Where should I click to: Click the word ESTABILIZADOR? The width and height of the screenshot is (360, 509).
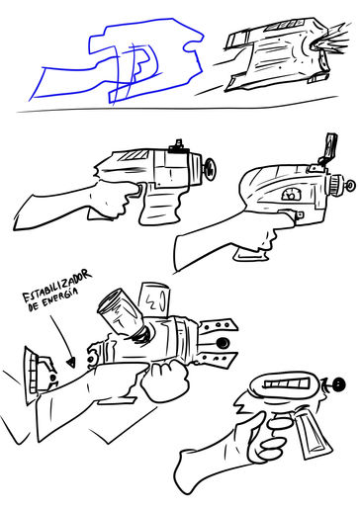[56, 285]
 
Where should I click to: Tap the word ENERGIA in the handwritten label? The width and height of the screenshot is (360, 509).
[60, 297]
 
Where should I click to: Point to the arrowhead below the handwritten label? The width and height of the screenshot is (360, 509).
[71, 363]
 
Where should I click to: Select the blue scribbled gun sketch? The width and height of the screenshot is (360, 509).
[117, 61]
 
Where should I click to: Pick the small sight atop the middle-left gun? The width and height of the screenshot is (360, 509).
[179, 147]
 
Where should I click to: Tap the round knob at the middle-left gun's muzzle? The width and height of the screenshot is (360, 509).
[209, 169]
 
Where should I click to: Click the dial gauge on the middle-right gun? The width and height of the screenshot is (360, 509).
[291, 195]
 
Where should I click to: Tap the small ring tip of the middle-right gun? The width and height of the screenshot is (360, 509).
[350, 185]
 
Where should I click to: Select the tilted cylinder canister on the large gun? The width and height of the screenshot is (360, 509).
[121, 313]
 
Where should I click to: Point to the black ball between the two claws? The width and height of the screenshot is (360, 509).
[223, 343]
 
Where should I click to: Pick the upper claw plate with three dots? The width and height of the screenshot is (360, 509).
[218, 326]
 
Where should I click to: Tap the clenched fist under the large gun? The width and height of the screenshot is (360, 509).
[165, 381]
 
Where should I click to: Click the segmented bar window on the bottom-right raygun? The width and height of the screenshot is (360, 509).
[287, 383]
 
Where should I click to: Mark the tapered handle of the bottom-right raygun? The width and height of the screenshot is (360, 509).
[313, 434]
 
